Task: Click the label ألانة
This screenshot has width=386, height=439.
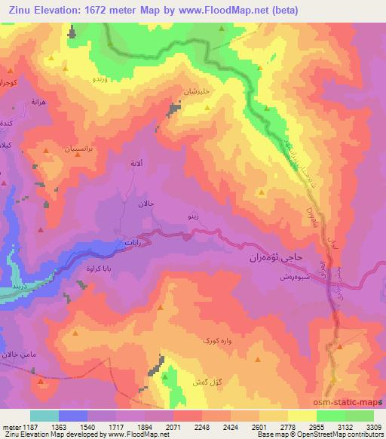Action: click(136, 163)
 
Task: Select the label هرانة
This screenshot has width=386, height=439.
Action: click(39, 101)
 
